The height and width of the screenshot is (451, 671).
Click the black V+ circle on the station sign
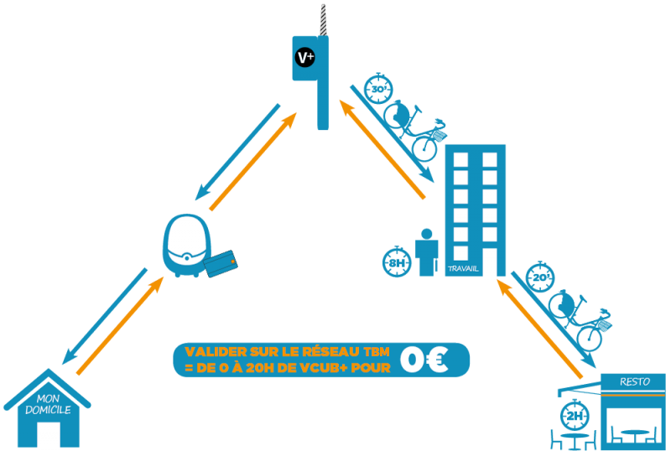click(x=305, y=58)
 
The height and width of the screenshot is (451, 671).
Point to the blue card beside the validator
click(x=221, y=266)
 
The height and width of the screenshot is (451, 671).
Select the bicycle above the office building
click(x=414, y=126)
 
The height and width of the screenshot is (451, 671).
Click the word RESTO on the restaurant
click(x=635, y=381)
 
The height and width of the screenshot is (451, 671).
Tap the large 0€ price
click(x=424, y=359)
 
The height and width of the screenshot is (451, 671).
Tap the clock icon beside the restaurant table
click(x=574, y=414)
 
